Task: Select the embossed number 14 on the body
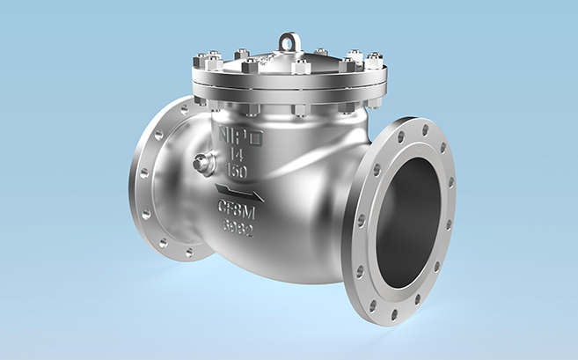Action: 235,153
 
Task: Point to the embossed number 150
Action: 235,168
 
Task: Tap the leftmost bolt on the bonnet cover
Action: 201,63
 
